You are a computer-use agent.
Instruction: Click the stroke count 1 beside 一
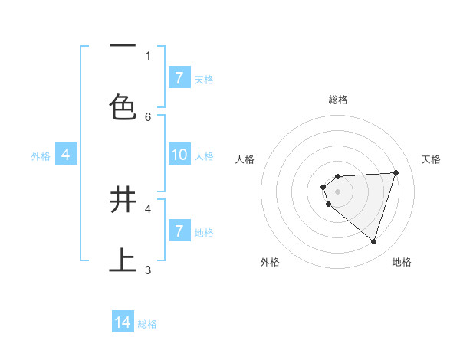click(x=148, y=55)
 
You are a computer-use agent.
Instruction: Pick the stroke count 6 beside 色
click(x=148, y=116)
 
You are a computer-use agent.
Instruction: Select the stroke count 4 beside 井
click(x=148, y=208)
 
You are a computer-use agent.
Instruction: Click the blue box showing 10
click(x=179, y=155)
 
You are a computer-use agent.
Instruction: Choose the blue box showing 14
click(x=123, y=322)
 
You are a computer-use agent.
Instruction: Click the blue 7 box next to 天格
click(x=179, y=78)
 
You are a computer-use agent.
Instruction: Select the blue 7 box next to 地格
click(x=179, y=231)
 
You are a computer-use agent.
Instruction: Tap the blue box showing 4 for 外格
click(x=66, y=155)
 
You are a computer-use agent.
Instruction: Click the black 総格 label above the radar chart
click(x=338, y=100)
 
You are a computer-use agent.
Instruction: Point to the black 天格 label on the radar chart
click(x=432, y=159)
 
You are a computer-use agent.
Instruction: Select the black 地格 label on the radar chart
click(x=402, y=262)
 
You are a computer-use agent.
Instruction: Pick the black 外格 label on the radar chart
click(x=270, y=262)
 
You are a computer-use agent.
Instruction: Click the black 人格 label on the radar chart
click(x=245, y=159)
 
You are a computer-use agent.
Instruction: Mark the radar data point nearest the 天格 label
click(x=396, y=172)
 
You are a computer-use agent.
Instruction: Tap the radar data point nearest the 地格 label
click(x=373, y=241)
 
